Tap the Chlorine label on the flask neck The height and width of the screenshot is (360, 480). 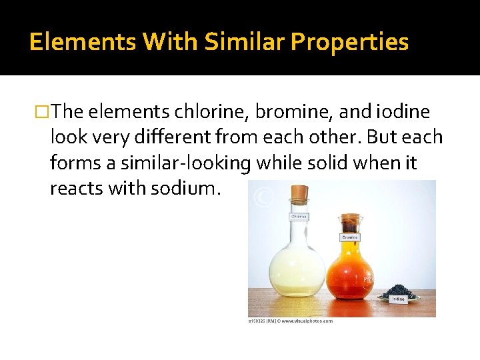297,217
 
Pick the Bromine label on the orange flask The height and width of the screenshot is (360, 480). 349,237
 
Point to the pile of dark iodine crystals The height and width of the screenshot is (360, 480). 398,291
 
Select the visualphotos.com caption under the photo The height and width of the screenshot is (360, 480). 291,321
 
